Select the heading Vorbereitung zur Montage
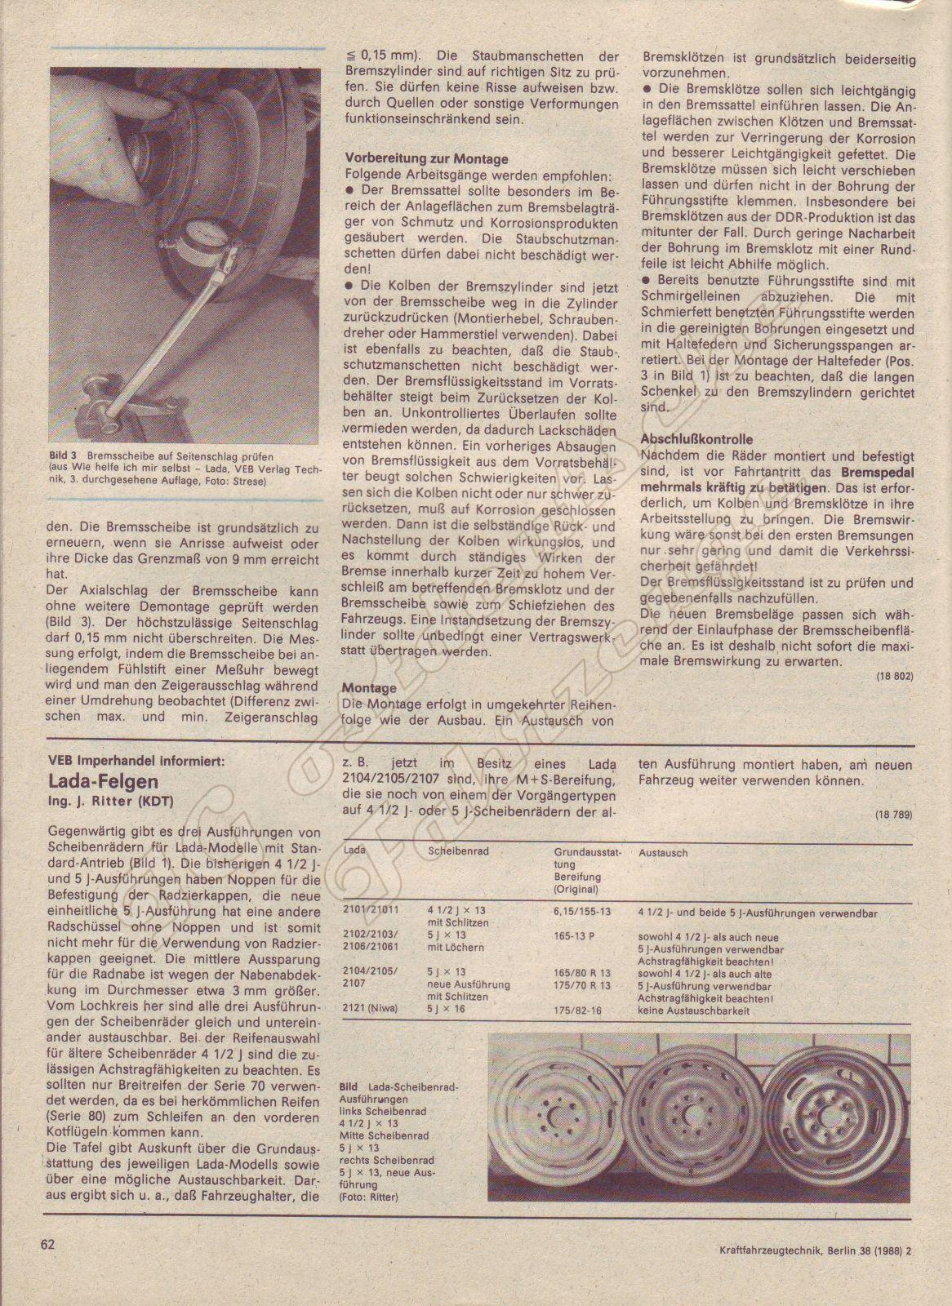click(x=426, y=159)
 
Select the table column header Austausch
click(x=663, y=852)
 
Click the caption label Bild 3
click(x=62, y=456)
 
